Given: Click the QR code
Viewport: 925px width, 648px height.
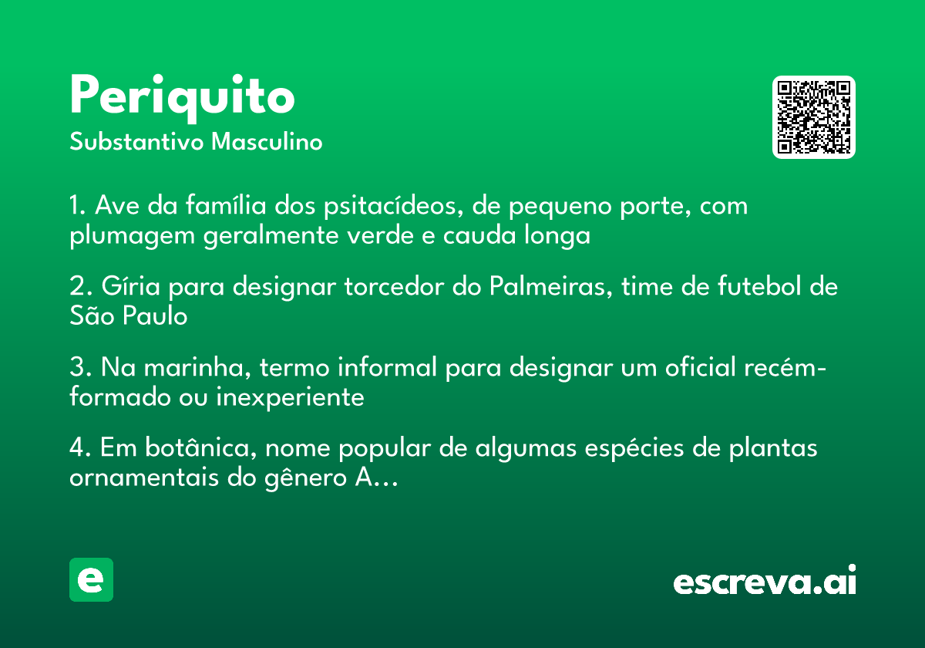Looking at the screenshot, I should point(813,117).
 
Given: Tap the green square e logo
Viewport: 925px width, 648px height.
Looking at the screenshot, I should point(91,579).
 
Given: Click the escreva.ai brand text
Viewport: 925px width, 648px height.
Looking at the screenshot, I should point(765,582).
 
